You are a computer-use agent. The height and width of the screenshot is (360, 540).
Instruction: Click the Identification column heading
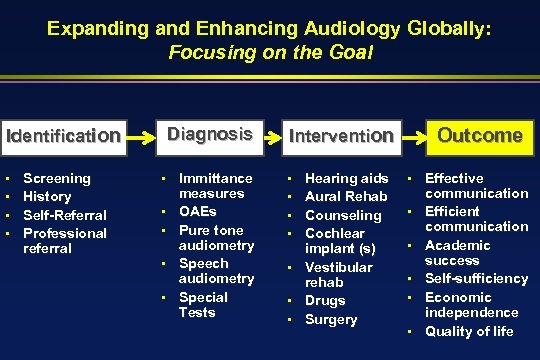(x=64, y=135)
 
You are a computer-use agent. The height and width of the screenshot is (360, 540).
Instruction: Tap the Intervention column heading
(x=340, y=135)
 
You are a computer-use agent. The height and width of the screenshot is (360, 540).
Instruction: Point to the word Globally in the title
(x=427, y=30)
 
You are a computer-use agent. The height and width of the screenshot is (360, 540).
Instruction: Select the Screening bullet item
(x=57, y=178)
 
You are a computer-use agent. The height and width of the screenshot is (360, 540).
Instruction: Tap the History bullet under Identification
(x=47, y=196)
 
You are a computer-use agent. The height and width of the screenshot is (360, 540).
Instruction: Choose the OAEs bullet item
(x=197, y=212)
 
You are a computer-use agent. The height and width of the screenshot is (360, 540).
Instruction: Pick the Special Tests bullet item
(x=203, y=305)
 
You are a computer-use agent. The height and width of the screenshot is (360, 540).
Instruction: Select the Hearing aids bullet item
(x=346, y=178)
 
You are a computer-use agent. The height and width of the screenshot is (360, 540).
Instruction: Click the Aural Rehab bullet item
(x=345, y=196)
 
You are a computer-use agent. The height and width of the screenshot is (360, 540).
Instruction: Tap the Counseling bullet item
(x=343, y=215)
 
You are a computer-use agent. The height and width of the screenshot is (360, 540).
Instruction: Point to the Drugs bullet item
(x=325, y=301)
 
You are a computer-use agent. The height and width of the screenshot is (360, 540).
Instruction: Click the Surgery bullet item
(x=331, y=320)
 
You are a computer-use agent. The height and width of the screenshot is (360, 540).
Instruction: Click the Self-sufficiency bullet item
(x=475, y=279)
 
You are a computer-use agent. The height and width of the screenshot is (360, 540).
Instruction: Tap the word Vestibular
(x=338, y=267)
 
